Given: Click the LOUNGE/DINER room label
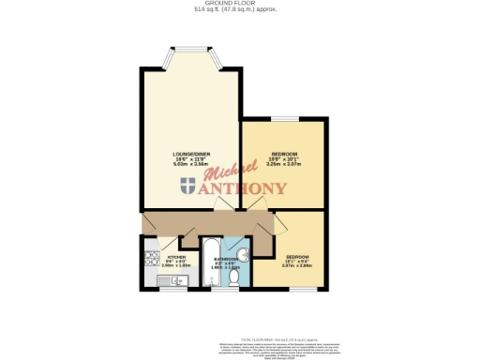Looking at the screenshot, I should [x=190, y=154].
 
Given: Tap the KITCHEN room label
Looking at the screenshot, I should [x=175, y=256].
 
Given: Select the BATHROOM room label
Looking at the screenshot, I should [x=227, y=258].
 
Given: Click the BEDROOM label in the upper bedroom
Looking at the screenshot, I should [x=284, y=154].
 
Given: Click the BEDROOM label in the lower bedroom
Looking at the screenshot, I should [x=297, y=256].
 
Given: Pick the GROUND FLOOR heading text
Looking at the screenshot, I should [x=239, y=4].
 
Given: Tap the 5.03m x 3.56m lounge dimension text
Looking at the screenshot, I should [x=190, y=165].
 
